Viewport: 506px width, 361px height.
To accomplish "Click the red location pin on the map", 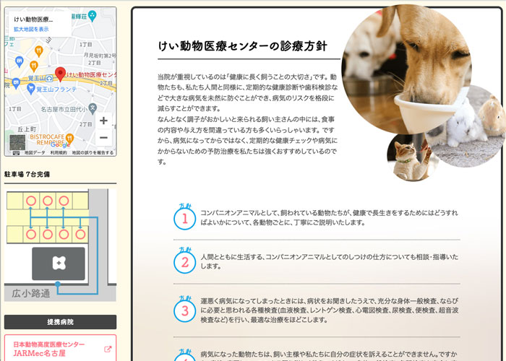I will (61, 74).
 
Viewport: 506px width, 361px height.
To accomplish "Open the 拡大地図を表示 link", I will (31, 29).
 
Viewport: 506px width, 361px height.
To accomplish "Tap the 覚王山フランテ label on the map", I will (56, 89).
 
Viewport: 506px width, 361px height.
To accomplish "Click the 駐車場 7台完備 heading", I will (27, 174).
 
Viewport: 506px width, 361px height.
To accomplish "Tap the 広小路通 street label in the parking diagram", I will (32, 293).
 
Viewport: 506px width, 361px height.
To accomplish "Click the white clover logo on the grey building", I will (58, 263).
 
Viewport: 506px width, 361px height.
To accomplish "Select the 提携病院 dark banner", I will (60, 321).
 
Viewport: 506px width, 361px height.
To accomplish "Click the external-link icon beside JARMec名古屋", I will (108, 349).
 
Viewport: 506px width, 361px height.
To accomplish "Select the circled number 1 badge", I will (185, 217).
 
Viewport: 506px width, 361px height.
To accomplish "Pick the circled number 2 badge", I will (185, 261).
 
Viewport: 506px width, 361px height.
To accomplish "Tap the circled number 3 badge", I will (185, 310).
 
